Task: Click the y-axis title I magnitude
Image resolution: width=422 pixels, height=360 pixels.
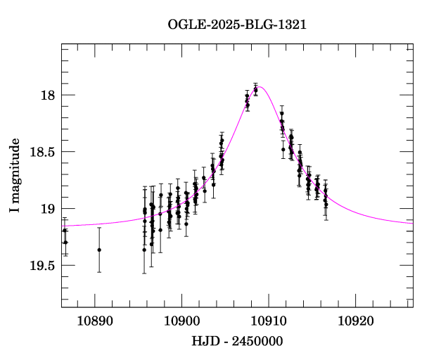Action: [15, 176]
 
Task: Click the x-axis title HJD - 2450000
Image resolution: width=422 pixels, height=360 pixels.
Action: [237, 342]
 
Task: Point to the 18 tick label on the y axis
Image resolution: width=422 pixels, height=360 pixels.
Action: [47, 95]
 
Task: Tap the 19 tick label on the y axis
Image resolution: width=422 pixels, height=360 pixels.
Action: [47, 209]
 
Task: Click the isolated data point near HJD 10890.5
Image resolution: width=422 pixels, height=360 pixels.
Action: [99, 250]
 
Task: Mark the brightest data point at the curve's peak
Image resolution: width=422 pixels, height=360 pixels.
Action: [255, 89]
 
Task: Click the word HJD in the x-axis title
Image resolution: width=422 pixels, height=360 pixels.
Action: [203, 342]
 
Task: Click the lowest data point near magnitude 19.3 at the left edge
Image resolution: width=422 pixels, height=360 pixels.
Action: [65, 242]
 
